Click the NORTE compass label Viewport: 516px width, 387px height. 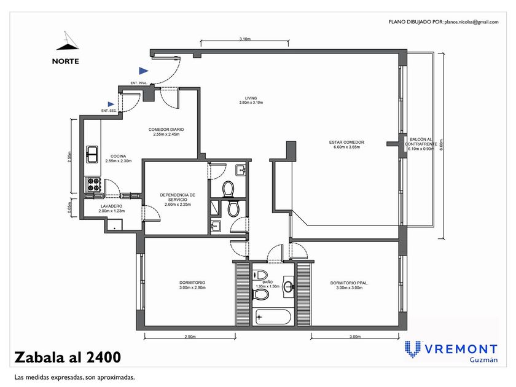coord(66,61)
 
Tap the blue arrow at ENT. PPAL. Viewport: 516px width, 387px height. coord(143,71)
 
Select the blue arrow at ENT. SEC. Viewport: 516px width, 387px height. coord(111,104)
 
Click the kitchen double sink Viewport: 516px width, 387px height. coord(92,154)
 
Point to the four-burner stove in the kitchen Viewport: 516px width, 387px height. coord(93,185)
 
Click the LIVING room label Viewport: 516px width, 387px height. coord(251,98)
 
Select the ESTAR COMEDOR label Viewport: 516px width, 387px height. coord(346,142)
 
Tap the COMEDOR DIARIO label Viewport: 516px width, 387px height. coord(166,130)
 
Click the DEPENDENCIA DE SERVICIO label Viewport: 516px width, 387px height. coord(178,197)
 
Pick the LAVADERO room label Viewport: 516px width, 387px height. coord(111,206)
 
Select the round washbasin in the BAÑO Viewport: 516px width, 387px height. coord(289,286)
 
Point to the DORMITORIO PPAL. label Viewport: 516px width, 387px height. coord(349,283)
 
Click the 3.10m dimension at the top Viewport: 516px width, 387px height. coord(244,39)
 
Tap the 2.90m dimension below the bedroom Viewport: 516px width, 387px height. coord(190,337)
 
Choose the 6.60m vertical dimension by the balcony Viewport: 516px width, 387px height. coord(441,145)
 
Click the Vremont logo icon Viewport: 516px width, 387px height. coord(413,349)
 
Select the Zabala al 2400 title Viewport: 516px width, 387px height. coord(68,358)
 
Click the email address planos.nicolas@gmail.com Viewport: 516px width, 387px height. coord(471,22)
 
